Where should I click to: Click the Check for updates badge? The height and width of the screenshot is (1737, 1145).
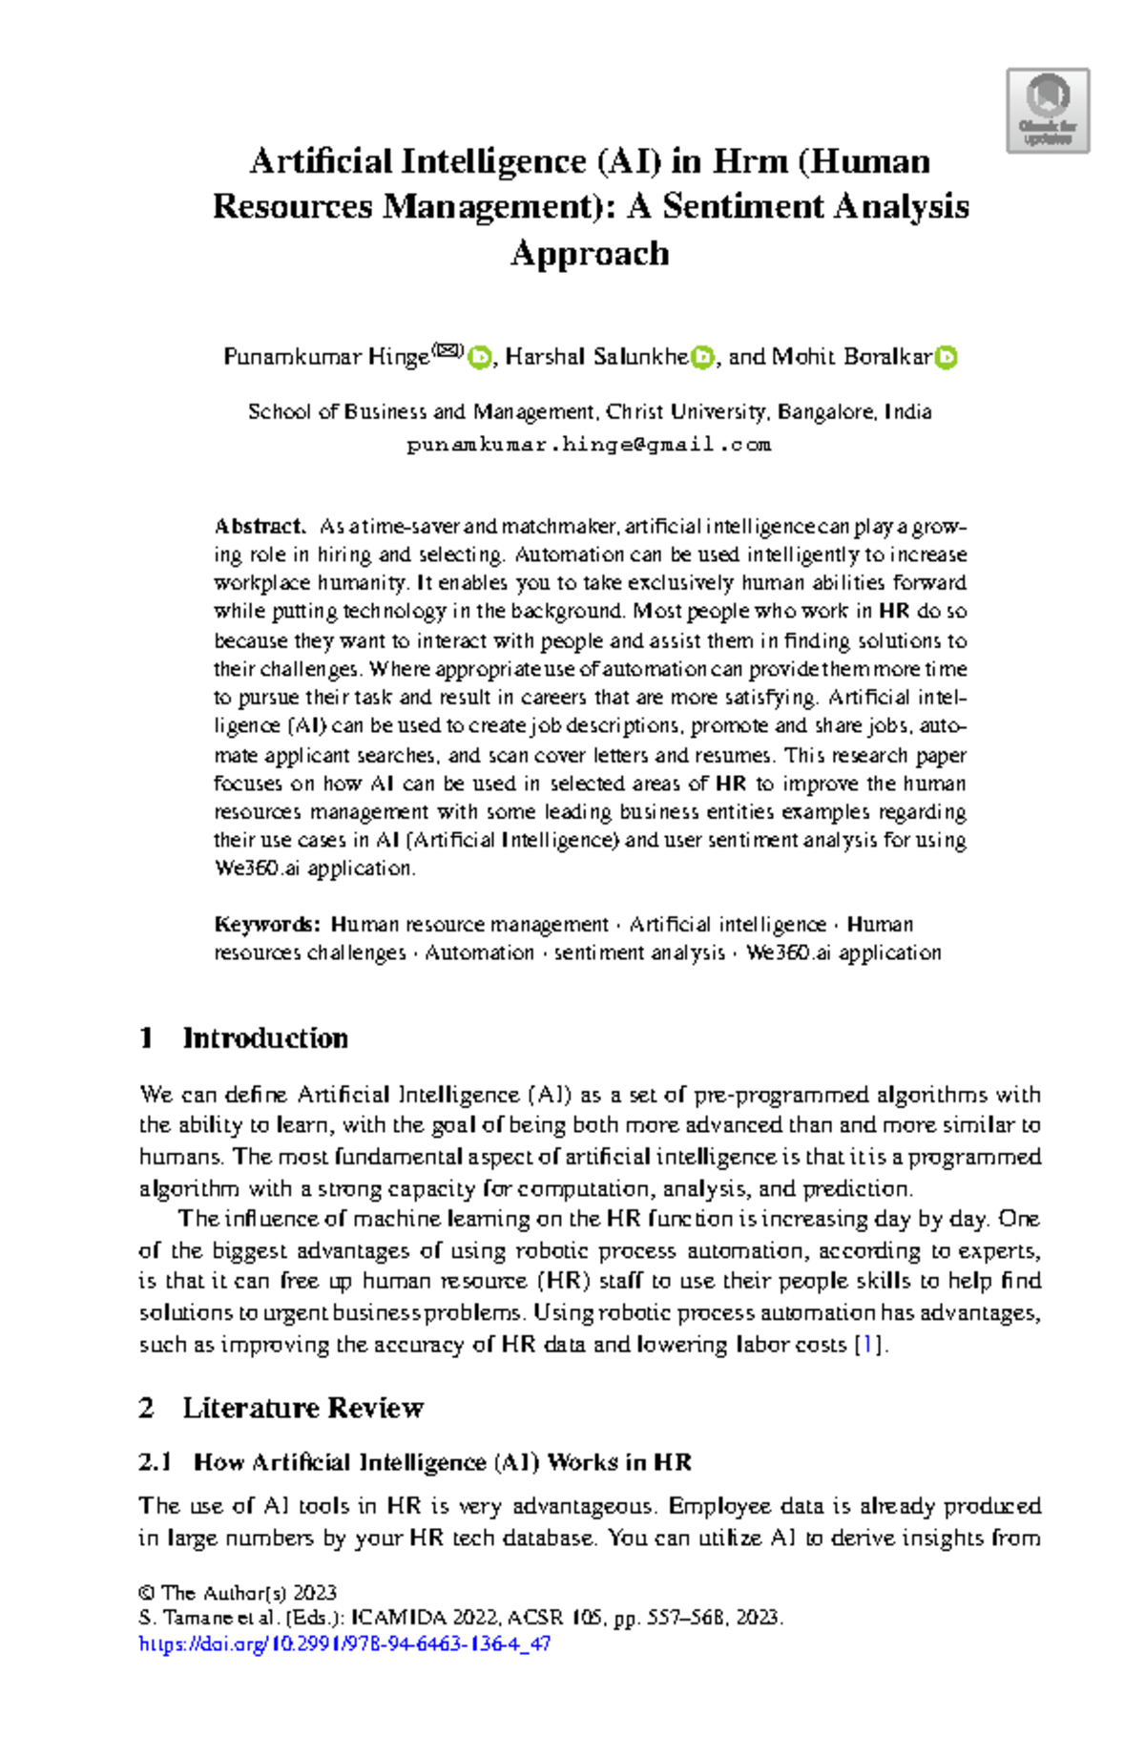point(1048,111)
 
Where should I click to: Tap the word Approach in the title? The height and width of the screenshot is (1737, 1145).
point(589,253)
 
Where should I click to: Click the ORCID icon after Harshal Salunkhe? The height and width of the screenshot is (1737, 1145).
point(703,358)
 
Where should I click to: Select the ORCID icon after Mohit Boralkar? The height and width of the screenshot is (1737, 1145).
point(946,358)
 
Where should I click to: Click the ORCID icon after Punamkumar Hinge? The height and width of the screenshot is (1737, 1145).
point(479,358)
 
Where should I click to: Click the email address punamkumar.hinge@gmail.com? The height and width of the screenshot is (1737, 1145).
point(589,445)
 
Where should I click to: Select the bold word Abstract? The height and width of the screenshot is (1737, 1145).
point(259,526)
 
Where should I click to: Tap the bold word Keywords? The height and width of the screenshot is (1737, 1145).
point(266,924)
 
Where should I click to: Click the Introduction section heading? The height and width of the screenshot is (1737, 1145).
point(264,1037)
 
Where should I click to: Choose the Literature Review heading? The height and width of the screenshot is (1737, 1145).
point(302,1408)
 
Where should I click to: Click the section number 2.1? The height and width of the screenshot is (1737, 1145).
point(155,1462)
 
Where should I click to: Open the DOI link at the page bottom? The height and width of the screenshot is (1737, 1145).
point(344,1643)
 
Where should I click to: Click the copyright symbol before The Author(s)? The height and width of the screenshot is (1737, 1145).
point(147,1593)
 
